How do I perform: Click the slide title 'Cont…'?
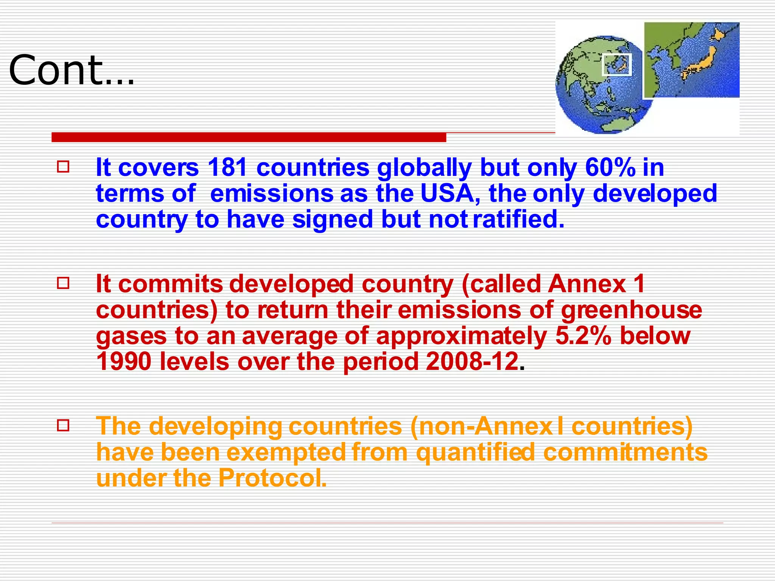72,70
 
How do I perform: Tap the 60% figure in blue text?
610,167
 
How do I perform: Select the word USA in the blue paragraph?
449,193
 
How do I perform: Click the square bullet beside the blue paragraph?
63,167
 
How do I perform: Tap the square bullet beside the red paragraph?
63,283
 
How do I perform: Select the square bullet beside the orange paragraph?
63,426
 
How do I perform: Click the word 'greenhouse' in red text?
631,311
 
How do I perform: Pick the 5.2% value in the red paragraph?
583,336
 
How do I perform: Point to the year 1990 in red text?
124,362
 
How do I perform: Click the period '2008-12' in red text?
472,362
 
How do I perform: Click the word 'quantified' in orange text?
475,453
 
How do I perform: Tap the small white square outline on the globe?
617,65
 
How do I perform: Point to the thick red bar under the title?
249,137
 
